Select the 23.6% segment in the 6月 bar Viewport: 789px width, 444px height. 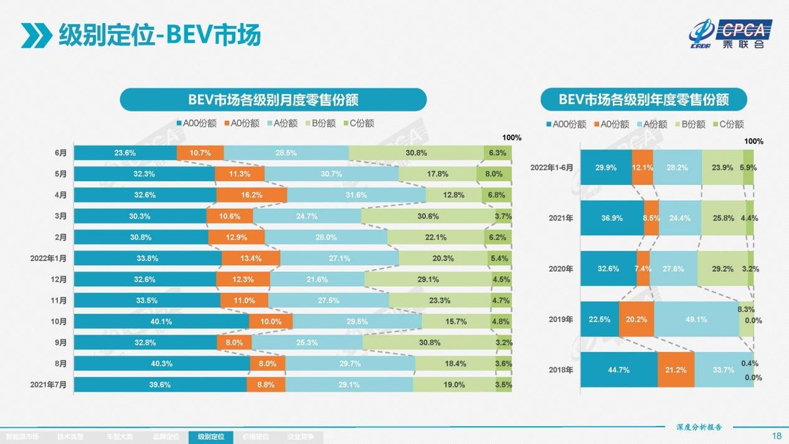click(125, 153)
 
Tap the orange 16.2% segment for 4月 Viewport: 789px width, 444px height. click(252, 195)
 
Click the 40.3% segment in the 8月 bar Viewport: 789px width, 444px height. click(162, 363)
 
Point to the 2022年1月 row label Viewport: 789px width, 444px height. click(48, 258)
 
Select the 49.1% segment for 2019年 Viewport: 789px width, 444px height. click(696, 320)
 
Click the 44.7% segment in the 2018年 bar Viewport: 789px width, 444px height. click(619, 370)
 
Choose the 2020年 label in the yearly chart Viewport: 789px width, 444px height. click(561, 269)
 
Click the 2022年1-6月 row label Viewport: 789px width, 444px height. click(552, 168)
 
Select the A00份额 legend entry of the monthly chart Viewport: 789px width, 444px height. click(197, 123)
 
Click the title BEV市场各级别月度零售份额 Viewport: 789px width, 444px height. click(273, 100)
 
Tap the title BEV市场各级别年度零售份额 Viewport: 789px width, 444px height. click(644, 100)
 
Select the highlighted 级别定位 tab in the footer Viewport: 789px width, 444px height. click(210, 437)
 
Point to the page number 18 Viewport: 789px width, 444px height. click(776, 435)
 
